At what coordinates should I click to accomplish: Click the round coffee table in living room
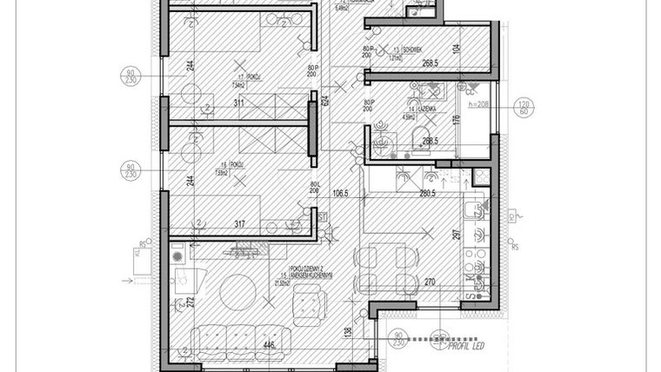236,291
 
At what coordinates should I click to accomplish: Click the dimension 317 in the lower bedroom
239,224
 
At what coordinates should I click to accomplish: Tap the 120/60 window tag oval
525,106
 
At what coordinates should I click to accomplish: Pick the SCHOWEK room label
413,50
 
